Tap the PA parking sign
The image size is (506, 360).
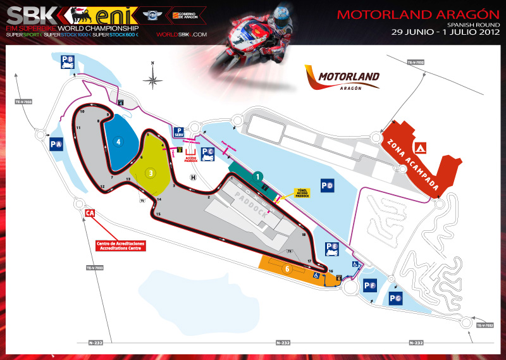tap(56, 144)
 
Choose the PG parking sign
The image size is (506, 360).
tap(396, 298)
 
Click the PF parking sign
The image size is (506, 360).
tap(371, 286)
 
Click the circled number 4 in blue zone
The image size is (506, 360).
tap(118, 142)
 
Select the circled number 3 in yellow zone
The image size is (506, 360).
tap(151, 172)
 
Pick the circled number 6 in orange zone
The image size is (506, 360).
tap(287, 268)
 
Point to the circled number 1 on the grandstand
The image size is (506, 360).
tap(258, 177)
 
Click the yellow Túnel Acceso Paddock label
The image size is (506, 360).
tap(301, 194)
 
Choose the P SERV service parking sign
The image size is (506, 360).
tap(179, 132)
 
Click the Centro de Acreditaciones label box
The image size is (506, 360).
tap(121, 245)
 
